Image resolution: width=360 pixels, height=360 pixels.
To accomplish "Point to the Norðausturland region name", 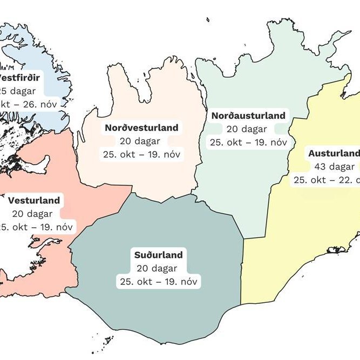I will click(x=248, y=116).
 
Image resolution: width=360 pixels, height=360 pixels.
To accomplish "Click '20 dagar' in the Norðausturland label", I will click(x=248, y=129).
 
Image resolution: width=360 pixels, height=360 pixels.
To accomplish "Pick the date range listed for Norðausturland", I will click(x=248, y=142).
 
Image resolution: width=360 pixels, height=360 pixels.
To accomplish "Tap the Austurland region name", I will click(x=334, y=153).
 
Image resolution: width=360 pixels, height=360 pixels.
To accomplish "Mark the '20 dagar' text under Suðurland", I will click(x=159, y=268).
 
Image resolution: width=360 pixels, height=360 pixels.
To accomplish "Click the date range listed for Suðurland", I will click(x=159, y=281).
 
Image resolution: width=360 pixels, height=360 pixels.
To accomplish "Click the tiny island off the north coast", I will click(x=208, y=20).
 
